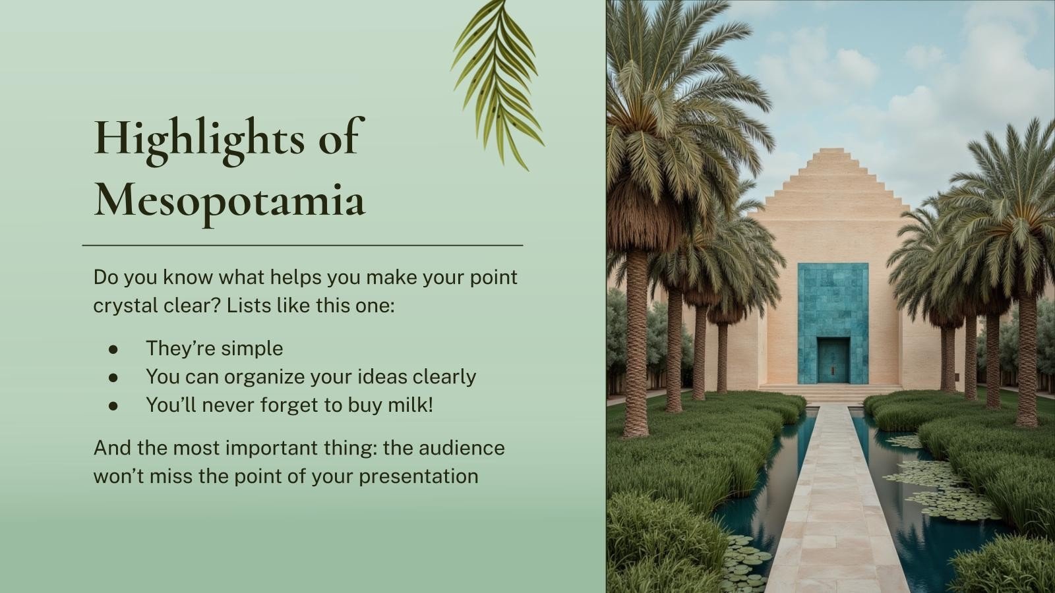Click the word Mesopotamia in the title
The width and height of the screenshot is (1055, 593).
tap(229, 200)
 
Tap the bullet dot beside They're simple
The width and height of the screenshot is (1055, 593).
tap(113, 349)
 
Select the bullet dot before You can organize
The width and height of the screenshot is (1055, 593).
tap(113, 378)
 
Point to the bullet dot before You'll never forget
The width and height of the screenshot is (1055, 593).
tap(113, 406)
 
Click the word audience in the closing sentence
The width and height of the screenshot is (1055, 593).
tap(462, 447)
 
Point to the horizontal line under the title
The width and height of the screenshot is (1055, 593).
tap(302, 245)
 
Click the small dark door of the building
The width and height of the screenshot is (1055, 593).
tap(833, 360)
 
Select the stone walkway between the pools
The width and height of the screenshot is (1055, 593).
tap(833, 501)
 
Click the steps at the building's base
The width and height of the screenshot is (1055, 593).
tap(831, 392)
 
